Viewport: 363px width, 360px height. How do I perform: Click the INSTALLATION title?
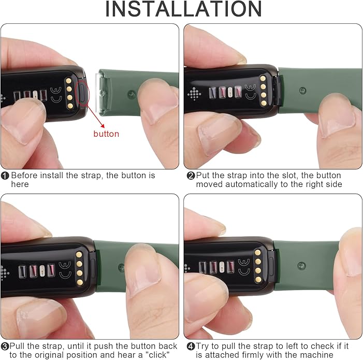tap(184, 9)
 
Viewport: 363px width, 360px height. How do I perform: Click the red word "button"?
tap(106, 134)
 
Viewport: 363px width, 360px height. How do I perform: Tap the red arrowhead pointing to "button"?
tap(103, 126)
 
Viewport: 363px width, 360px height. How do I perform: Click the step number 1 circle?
tap(5, 176)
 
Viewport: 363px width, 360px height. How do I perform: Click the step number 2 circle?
tap(191, 176)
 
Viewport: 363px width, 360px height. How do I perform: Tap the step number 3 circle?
tap(5, 347)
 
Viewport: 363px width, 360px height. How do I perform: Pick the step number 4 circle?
tap(191, 347)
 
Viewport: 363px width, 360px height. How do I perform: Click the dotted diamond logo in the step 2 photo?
tap(194, 94)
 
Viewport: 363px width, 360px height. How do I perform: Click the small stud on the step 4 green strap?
tap(301, 265)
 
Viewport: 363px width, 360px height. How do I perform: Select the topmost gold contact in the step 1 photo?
tap(68, 81)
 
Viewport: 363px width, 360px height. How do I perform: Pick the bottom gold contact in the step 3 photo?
tap(79, 282)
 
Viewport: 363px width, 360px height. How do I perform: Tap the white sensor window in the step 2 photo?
tap(230, 92)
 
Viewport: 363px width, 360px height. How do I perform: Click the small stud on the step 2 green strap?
tap(302, 91)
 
